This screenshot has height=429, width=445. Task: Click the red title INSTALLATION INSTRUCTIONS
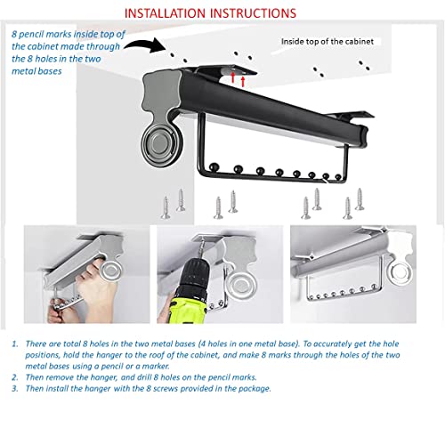(210, 13)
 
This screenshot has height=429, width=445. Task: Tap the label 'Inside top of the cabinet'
(328, 41)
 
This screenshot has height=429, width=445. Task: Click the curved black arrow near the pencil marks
(144, 45)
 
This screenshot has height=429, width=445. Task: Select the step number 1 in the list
(15, 344)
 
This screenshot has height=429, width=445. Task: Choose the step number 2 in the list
(15, 377)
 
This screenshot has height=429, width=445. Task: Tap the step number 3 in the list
(15, 389)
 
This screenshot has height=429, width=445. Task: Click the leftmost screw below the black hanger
(166, 207)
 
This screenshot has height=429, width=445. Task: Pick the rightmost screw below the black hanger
(360, 199)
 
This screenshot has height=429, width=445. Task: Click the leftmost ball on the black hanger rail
(214, 167)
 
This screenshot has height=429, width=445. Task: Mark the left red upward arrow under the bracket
(233, 77)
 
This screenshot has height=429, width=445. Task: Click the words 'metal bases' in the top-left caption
(36, 71)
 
